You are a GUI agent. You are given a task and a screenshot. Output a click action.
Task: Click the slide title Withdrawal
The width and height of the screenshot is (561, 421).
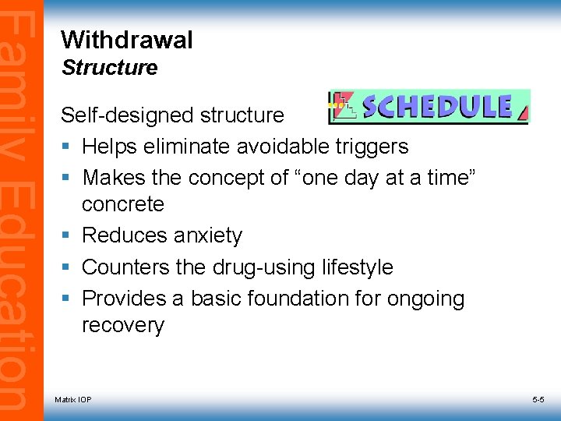tap(126, 40)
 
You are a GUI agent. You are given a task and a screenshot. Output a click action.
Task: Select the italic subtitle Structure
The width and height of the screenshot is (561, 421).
tap(109, 68)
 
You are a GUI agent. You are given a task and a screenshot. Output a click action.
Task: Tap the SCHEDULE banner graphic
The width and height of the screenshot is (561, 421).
tap(428, 107)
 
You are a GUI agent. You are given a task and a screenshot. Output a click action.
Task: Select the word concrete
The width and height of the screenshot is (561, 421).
tap(123, 204)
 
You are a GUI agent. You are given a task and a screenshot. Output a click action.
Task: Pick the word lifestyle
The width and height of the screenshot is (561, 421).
tap(358, 267)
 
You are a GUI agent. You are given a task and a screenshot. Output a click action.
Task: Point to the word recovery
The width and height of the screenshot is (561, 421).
tap(123, 325)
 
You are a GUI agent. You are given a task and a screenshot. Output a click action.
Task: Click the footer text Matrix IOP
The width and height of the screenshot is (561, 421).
tap(72, 400)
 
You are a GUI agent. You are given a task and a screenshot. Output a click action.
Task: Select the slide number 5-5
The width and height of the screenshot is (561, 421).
tap(538, 400)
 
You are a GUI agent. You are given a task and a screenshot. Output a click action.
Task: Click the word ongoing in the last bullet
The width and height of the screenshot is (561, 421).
tap(425, 299)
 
